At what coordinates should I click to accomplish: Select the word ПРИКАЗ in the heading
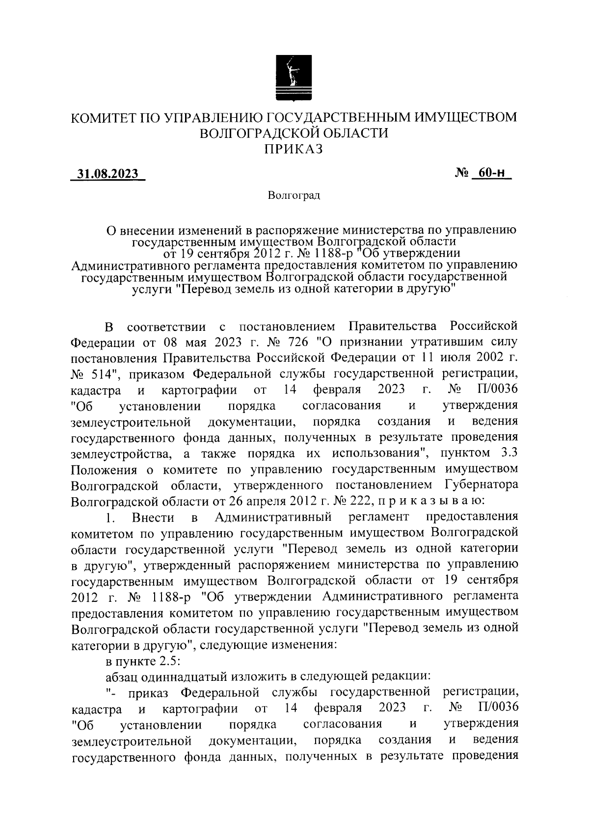294,149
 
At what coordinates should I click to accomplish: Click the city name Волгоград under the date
294,196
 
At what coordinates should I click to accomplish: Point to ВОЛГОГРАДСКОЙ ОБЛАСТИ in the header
294,133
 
